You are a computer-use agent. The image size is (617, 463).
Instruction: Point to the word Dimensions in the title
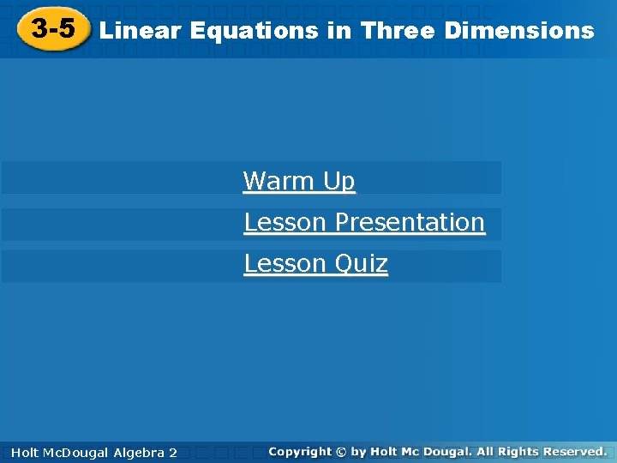point(519,31)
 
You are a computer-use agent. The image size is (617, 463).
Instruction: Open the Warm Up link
point(299,181)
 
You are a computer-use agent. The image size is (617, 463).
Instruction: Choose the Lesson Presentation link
point(364,222)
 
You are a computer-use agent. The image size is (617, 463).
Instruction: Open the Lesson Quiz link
point(315,263)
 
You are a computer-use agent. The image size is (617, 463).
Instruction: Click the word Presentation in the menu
point(410,222)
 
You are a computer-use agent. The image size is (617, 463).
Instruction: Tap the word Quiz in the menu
point(361,263)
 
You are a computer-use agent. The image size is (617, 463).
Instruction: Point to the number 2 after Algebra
point(173,452)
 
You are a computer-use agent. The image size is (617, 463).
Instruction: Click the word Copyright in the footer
point(299,451)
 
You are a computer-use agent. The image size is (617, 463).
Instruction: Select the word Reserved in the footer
point(571,451)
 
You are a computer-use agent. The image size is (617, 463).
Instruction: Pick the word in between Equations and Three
point(334,31)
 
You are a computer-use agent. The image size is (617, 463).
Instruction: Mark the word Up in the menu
point(339,181)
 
